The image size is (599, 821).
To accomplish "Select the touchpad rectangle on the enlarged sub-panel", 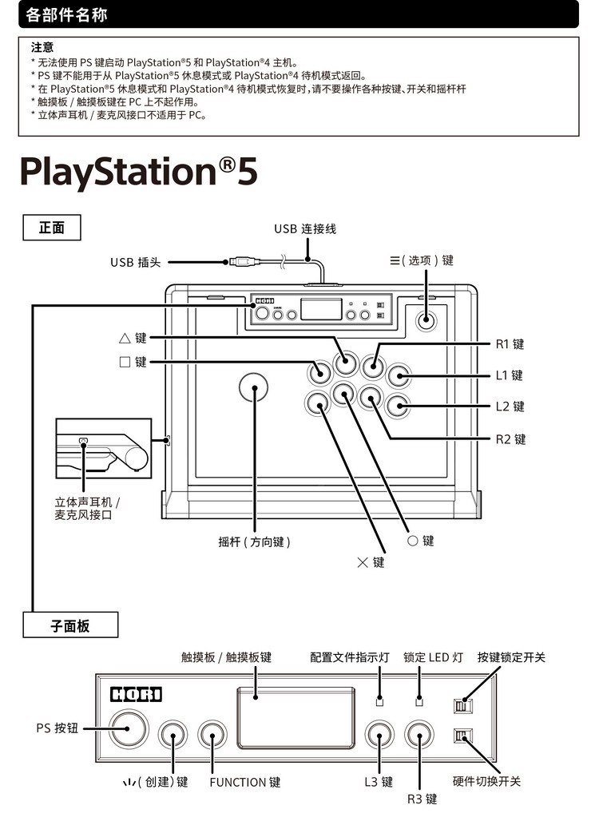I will (296, 717).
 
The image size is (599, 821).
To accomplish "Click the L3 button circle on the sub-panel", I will (379, 735).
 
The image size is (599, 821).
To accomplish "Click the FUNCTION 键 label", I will (245, 783).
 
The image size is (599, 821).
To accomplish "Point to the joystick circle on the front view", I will (254, 387).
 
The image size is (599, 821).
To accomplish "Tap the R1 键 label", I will (508, 344).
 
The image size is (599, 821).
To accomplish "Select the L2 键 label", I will (508, 407).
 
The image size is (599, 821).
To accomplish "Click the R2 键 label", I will (509, 439).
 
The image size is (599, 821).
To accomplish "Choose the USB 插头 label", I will (135, 262).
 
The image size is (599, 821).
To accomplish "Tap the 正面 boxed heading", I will (52, 228).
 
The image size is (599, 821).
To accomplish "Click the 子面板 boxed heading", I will (70, 626).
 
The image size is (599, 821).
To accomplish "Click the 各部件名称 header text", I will (67, 14).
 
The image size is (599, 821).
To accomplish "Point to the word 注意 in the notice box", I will (42, 48).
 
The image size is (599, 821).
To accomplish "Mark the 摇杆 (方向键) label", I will (254, 541).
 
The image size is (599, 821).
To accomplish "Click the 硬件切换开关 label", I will (486, 781).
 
